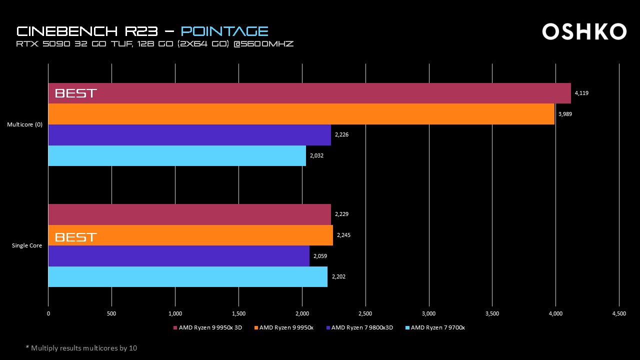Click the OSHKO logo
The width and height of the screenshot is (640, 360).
[x=584, y=31]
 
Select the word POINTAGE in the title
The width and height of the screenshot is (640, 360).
[x=224, y=31]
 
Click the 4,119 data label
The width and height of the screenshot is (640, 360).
[x=581, y=93]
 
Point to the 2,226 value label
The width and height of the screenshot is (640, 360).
[x=341, y=135]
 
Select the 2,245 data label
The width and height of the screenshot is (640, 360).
[x=343, y=235]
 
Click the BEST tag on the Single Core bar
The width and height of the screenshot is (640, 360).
[x=75, y=237]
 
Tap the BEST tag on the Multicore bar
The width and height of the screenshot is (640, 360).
[x=75, y=93]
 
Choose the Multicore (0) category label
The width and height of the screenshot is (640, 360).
[x=24, y=124]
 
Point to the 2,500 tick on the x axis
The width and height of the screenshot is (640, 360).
[x=365, y=314]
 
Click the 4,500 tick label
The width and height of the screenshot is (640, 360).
[x=619, y=314]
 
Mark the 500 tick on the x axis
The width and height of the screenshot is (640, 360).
[x=111, y=314]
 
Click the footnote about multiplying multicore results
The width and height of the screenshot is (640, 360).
[x=81, y=348]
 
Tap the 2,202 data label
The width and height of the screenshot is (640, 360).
[x=338, y=276]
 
